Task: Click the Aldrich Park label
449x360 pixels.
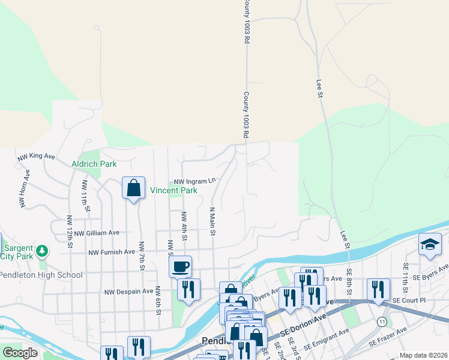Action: coord(94,164)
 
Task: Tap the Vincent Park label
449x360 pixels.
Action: coord(173,191)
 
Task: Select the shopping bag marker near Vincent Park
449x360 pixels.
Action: coord(133,188)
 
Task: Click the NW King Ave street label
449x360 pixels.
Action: coord(36,157)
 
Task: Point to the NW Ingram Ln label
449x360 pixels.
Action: coord(194,181)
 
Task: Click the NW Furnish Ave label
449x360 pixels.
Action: coord(113,252)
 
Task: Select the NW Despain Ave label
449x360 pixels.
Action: coord(128,292)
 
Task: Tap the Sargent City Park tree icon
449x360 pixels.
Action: coord(42,250)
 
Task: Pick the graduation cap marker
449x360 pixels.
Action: coord(430,244)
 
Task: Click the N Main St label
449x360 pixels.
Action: coord(212,222)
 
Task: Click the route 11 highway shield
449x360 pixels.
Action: coord(382,322)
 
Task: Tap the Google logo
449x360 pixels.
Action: coord(20,353)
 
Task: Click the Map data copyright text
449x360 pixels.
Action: coord(423,355)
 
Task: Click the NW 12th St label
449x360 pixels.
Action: coord(70,233)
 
